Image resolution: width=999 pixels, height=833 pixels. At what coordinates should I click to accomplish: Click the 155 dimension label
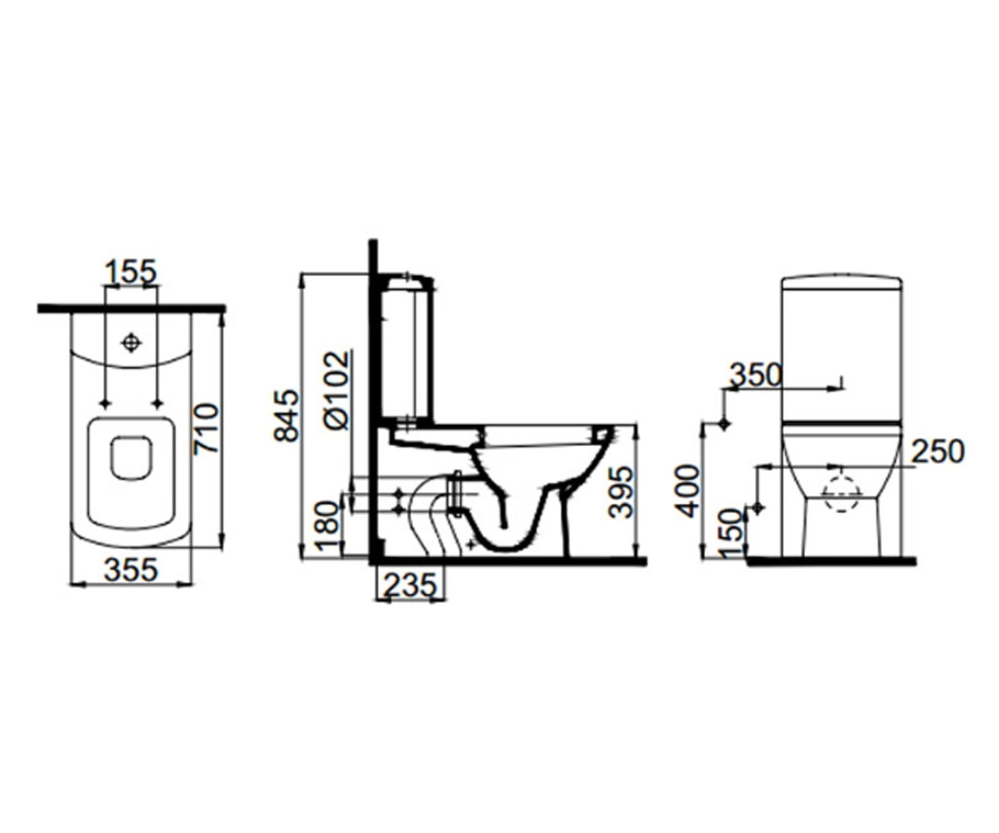click(x=131, y=272)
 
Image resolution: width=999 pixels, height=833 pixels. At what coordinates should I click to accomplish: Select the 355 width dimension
click(x=131, y=570)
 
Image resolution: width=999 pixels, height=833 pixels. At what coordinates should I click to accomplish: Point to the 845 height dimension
click(x=286, y=415)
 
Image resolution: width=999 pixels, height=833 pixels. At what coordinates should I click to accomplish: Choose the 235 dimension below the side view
click(x=410, y=585)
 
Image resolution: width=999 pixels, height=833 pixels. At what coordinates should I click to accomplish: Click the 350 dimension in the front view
click(x=755, y=375)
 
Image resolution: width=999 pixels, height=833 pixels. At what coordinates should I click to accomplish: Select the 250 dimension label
click(x=937, y=451)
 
